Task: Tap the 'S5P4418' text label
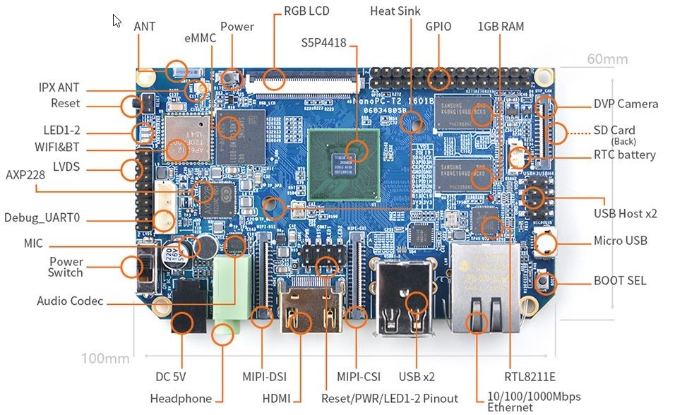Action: (324, 43)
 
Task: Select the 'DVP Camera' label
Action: (626, 104)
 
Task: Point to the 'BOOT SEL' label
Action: (619, 281)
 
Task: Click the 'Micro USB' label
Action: (620, 241)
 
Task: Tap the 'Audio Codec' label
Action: (70, 301)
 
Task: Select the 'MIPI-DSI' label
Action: (262, 378)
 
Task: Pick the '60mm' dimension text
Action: (607, 59)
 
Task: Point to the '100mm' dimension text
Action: (105, 359)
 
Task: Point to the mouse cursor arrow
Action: (117, 20)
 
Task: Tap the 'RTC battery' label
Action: (625, 155)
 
